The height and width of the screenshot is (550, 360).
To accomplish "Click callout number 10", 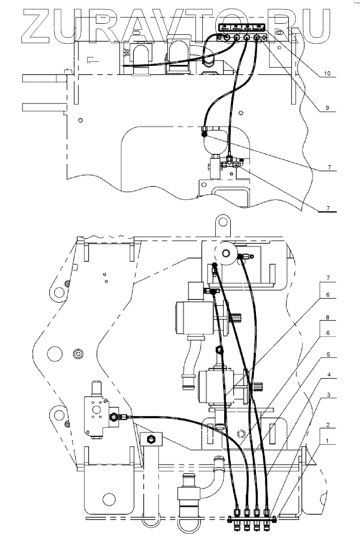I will pyautogui.click(x=327, y=74).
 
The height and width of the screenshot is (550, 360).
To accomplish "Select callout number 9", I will pyautogui.click(x=327, y=109).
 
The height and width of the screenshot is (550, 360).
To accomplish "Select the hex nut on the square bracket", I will pyautogui.click(x=150, y=439).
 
